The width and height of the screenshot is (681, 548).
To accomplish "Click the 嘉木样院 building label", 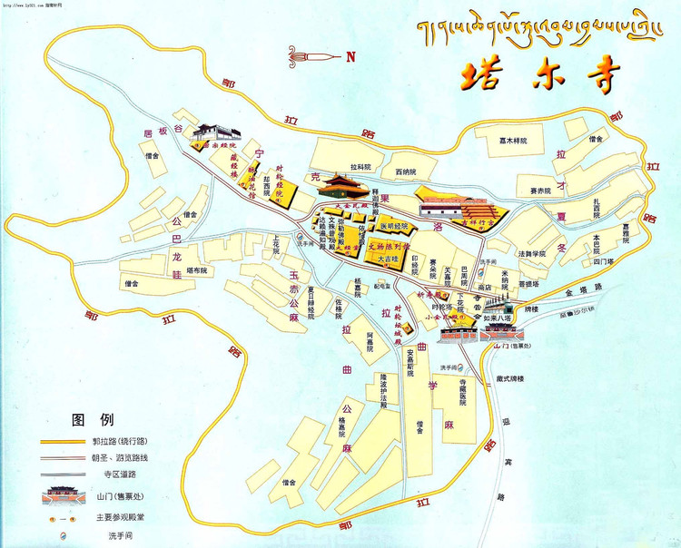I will [512, 141].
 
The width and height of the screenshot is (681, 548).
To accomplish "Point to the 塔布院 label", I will [196, 270].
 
